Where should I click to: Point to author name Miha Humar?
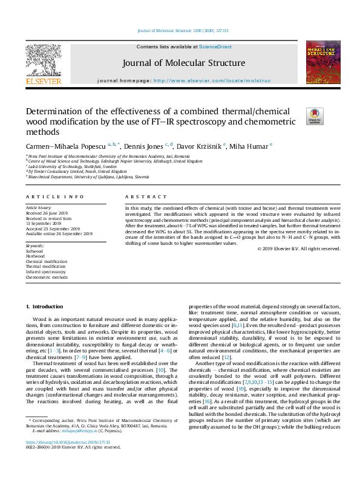252,146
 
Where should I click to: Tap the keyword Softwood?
34,251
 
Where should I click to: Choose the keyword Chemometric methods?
47,277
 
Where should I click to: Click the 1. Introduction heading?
47,307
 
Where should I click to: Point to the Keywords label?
35,246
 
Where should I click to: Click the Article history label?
39,208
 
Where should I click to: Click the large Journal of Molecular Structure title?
183,62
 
